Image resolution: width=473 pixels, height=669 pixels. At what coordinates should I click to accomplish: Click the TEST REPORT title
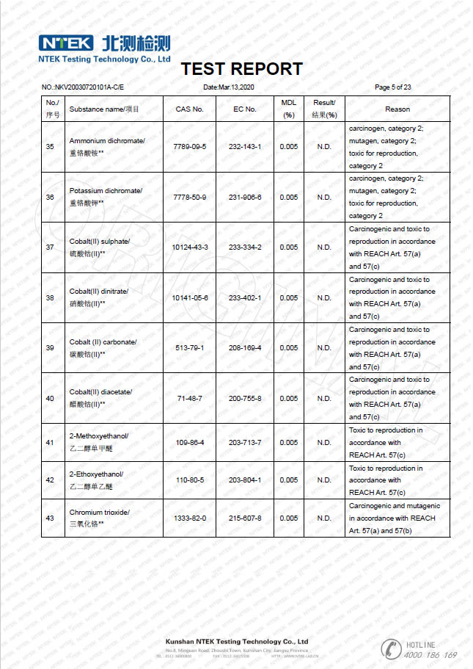(241, 69)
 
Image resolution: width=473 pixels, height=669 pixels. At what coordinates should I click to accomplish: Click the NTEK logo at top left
(66, 42)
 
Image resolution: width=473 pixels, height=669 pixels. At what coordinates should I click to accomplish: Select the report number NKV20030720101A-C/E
(83, 87)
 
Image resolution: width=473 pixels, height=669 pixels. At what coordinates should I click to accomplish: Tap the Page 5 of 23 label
(392, 87)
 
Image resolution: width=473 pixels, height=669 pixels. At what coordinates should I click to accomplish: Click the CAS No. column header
(189, 109)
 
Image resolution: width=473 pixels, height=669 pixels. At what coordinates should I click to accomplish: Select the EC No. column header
(244, 109)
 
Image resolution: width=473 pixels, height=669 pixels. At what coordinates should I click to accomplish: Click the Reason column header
(397, 109)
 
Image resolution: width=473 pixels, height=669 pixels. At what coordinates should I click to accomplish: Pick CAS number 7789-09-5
(189, 147)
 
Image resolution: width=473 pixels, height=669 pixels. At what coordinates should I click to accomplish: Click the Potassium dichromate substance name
(105, 191)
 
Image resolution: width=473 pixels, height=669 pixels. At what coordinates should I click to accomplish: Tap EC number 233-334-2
(244, 247)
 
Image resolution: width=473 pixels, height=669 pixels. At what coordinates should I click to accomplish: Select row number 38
(50, 298)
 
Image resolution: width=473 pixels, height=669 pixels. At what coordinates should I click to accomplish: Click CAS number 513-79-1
(189, 348)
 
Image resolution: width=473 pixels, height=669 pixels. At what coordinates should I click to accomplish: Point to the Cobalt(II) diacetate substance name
(100, 392)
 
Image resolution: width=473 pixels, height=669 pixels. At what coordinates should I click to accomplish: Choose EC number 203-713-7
(244, 443)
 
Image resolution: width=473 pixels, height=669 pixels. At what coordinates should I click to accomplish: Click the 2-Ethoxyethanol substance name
(96, 474)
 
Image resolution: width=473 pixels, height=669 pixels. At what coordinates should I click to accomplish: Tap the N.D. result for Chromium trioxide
(324, 518)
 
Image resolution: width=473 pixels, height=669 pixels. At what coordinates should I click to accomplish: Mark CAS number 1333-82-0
(189, 518)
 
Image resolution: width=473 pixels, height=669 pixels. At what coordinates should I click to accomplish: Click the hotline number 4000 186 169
(430, 654)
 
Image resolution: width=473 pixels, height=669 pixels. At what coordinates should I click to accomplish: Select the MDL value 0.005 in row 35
(288, 147)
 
